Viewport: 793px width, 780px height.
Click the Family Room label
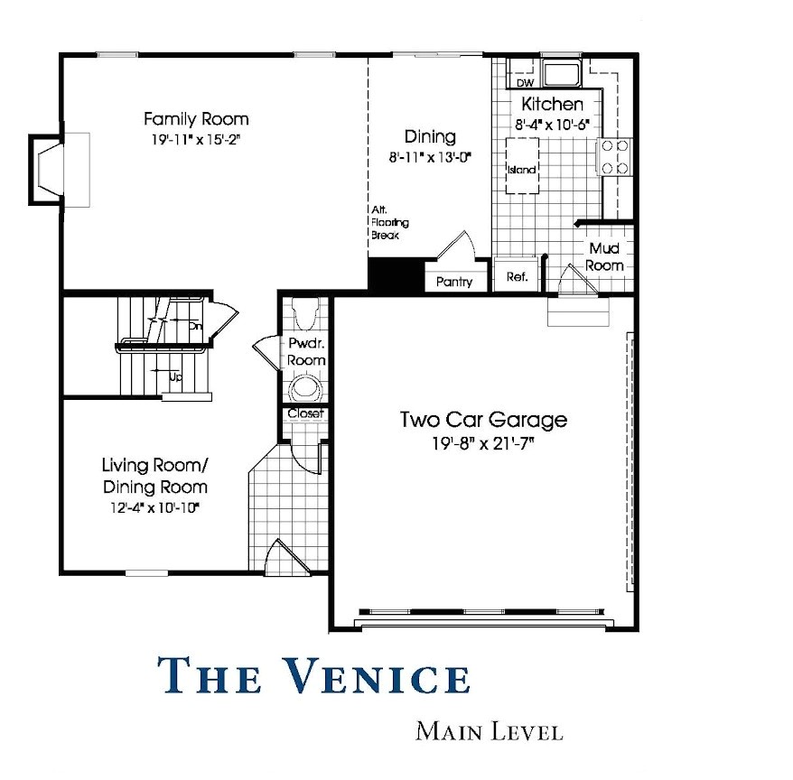tap(196, 119)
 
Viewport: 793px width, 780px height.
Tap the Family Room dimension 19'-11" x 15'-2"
tap(195, 140)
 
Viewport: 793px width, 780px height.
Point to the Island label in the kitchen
tap(521, 170)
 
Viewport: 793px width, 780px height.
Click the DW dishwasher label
tap(526, 83)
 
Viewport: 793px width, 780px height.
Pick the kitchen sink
tap(562, 73)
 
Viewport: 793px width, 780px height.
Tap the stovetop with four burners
tap(615, 157)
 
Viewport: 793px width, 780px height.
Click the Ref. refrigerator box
tap(517, 275)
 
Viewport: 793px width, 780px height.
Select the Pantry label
tap(454, 282)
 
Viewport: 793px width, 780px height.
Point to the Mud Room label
tap(604, 256)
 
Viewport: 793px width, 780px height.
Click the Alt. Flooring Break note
tap(390, 222)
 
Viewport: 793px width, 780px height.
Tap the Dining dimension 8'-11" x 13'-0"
tap(430, 158)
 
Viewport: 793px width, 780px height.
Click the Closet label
tap(305, 413)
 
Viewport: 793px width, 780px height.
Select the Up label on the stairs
tap(175, 377)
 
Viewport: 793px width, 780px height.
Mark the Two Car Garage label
tap(483, 420)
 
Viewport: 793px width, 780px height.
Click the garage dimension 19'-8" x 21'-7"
tap(483, 444)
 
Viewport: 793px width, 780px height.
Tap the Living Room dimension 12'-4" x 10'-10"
tap(154, 507)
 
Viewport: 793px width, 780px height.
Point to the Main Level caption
tap(489, 732)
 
